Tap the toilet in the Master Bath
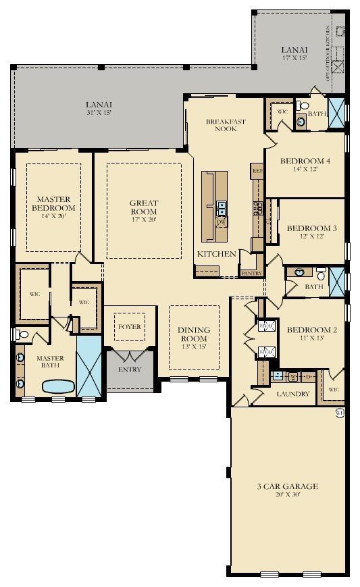pos(22,334)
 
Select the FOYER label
pos(130,327)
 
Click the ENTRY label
pos(130,370)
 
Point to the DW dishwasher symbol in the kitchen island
pos(220,222)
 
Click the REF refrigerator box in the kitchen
pos(257,172)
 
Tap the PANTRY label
pos(251,274)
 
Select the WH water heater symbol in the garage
pos(340,412)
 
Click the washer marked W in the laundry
pos(294,376)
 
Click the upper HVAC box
pos(265,326)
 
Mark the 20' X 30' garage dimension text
pos(287,494)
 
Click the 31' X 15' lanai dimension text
pos(99,113)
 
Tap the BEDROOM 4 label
pos(305,161)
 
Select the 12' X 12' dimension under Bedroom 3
pos(307,237)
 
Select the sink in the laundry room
pos(277,376)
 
